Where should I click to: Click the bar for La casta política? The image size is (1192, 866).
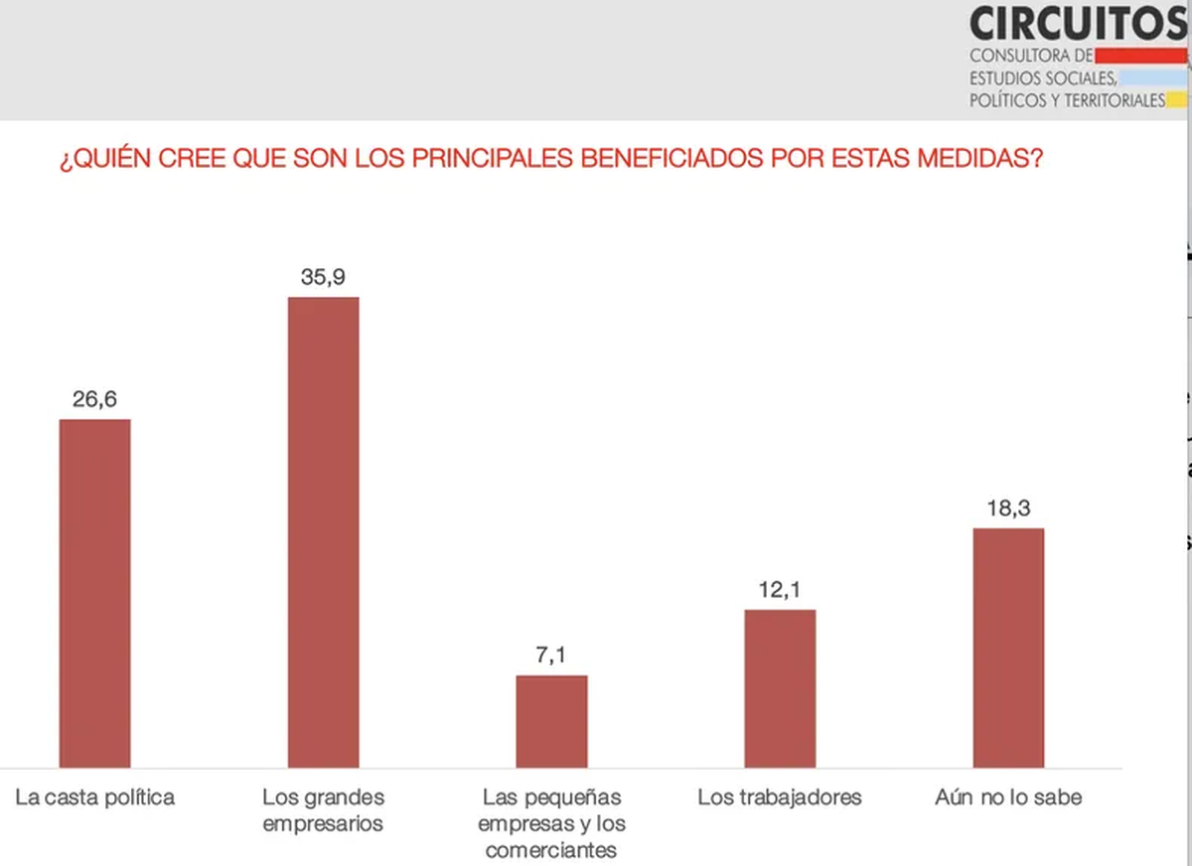tap(95, 593)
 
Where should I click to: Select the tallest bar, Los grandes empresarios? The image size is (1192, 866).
tap(323, 532)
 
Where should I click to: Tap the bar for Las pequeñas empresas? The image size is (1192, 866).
tap(551, 721)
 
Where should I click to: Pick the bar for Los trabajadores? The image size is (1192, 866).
tap(780, 688)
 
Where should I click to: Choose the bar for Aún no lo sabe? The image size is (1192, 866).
tap(1008, 648)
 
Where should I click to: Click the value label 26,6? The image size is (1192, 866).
tap(95, 399)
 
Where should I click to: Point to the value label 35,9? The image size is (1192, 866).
tap(323, 277)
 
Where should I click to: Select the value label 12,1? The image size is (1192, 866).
tap(780, 589)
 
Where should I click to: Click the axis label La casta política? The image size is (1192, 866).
tap(95, 797)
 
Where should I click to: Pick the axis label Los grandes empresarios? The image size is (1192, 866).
tap(323, 810)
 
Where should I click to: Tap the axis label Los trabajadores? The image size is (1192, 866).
tap(780, 797)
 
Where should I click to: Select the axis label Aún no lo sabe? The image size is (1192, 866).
tap(1008, 797)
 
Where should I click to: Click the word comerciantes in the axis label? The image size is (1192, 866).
tap(551, 850)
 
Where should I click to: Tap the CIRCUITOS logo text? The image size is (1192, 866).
tap(1079, 22)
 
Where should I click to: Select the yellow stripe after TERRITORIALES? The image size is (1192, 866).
tap(1176, 100)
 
